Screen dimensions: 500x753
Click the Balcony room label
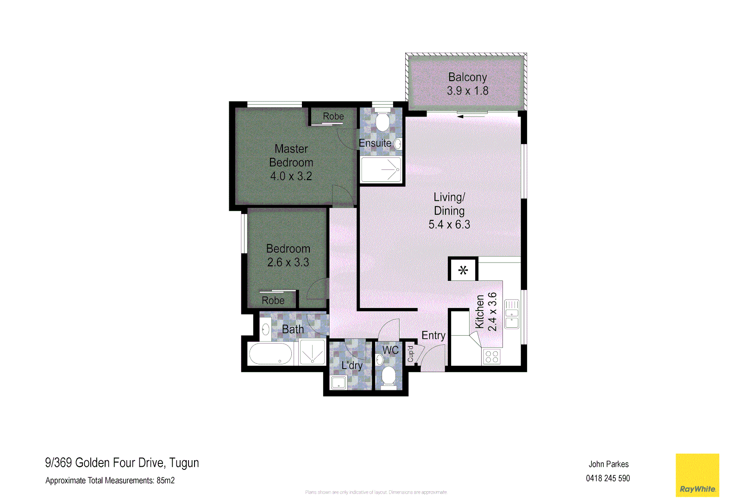point(467,77)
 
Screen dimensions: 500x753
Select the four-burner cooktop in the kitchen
point(492,356)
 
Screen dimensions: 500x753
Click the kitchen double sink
point(512,314)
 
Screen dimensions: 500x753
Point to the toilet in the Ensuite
point(382,122)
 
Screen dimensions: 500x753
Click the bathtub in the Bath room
point(270,355)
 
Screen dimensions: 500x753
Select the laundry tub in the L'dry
point(339,382)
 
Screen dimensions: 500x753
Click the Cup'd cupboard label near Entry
point(410,354)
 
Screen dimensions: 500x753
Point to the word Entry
point(433,336)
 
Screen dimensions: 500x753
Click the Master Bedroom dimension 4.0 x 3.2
point(291,176)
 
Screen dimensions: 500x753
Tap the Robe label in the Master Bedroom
point(333,116)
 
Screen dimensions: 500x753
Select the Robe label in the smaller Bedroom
point(273,300)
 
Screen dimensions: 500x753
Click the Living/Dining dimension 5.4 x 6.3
point(449,225)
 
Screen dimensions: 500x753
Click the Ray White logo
point(697,475)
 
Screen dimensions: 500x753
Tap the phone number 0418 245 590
point(608,478)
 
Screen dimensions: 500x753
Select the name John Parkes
point(609,464)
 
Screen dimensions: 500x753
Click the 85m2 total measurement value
point(165,481)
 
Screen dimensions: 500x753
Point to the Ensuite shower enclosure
point(381,170)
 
